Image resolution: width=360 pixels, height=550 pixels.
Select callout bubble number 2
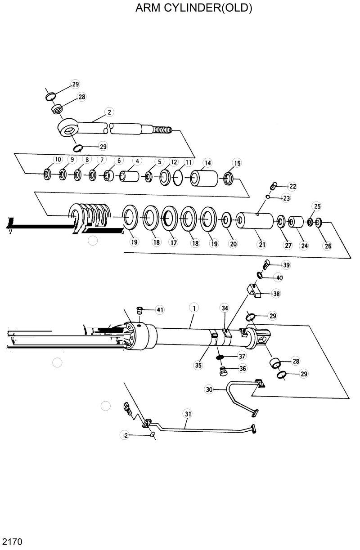[108, 112]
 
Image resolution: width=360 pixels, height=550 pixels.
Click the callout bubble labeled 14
[207, 163]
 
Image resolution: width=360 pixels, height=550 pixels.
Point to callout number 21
[262, 245]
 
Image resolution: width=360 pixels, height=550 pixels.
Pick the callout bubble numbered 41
[160, 309]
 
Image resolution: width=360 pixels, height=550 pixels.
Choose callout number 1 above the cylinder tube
[194, 308]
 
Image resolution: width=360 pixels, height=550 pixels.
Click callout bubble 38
[276, 294]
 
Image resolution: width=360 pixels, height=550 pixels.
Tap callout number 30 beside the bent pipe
[209, 389]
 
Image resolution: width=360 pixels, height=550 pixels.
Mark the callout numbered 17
[173, 242]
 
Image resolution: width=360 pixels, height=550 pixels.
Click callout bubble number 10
[58, 159]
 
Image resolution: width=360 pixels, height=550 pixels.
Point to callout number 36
[243, 368]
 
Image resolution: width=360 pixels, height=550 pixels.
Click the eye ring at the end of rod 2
[69, 130]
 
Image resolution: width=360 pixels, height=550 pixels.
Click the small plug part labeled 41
[140, 311]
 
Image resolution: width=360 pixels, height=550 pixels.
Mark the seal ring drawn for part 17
[170, 219]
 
